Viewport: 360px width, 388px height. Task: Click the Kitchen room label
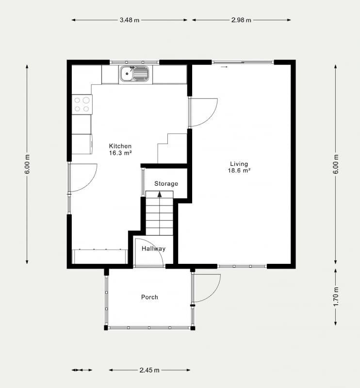click(120, 146)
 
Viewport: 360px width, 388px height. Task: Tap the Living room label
click(239, 164)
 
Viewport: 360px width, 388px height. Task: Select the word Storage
click(166, 184)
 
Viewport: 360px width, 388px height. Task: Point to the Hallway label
click(153, 248)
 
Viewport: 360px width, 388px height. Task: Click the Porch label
click(149, 297)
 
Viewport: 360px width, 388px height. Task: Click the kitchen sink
click(135, 74)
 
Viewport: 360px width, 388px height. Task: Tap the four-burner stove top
click(82, 104)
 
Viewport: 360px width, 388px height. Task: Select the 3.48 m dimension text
click(130, 20)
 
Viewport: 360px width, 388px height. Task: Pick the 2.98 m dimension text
click(241, 20)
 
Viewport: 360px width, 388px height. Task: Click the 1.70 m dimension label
click(336, 297)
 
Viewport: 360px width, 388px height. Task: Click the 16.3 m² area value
click(120, 153)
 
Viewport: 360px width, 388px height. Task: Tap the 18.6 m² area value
click(239, 171)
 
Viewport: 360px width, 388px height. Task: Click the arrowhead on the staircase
click(160, 194)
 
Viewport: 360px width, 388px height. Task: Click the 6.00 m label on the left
click(27, 164)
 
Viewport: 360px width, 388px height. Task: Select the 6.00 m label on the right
click(336, 164)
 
